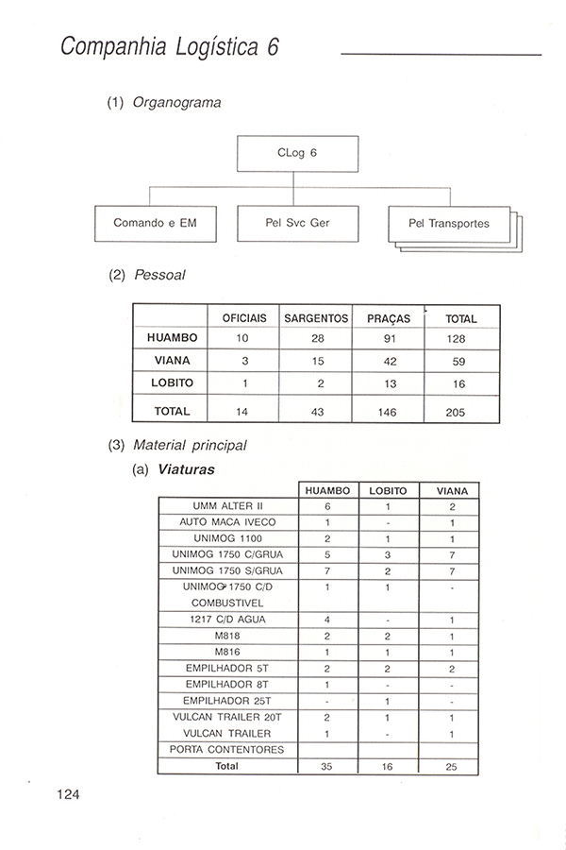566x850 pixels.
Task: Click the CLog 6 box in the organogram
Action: click(x=297, y=154)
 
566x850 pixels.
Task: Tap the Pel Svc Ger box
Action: click(x=297, y=224)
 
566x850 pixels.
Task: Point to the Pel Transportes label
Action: click(x=448, y=225)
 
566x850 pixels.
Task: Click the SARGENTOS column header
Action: click(x=316, y=319)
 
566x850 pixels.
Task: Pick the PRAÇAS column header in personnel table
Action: click(x=388, y=319)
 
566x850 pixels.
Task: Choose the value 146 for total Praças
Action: click(x=388, y=413)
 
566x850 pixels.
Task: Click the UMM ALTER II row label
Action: click(x=227, y=506)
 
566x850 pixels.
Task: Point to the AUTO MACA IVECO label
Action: click(x=227, y=522)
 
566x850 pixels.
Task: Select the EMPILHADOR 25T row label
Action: click(x=227, y=701)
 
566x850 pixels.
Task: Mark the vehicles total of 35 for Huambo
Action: click(x=326, y=767)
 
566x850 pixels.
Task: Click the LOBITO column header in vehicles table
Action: click(x=389, y=491)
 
